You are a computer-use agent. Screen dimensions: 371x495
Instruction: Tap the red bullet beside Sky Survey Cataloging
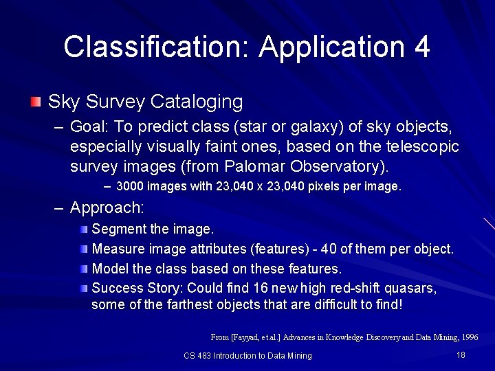[36, 102]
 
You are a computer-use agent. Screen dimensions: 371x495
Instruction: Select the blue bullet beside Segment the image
[83, 228]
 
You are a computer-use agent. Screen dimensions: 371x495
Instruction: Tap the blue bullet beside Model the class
[83, 268]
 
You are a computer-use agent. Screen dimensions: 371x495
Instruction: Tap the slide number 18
[461, 355]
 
